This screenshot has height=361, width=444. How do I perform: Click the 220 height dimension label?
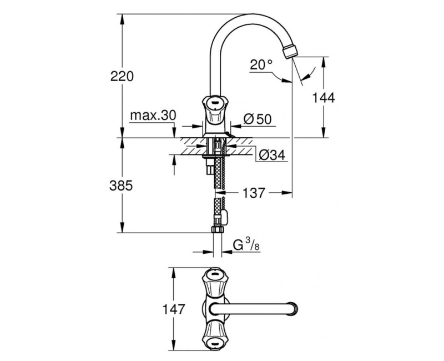122,77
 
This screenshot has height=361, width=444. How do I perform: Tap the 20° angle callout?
261,65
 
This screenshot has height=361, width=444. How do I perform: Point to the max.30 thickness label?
153,115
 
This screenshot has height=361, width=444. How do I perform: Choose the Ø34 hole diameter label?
271,156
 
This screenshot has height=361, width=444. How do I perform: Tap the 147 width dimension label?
173,309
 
